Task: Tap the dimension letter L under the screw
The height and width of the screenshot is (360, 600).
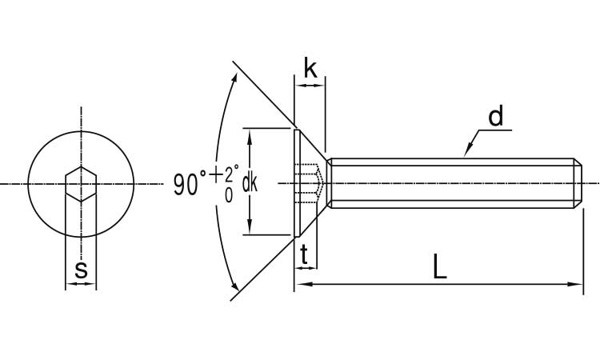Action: tap(439, 267)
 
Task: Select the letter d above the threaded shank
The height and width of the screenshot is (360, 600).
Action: tap(496, 118)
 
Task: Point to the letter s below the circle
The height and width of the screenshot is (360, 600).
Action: tap(81, 270)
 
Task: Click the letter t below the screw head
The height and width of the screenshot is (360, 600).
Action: tap(305, 254)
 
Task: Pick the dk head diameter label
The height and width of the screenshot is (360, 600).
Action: tap(250, 183)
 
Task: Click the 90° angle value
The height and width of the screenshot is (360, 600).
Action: tap(190, 185)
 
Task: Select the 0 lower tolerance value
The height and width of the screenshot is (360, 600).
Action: tap(229, 194)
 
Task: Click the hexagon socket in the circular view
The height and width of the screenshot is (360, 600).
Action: tap(81, 184)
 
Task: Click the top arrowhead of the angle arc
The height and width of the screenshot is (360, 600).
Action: tap(235, 78)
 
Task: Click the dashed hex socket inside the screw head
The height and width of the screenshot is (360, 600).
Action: tap(310, 183)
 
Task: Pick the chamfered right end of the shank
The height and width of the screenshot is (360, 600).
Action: tap(578, 183)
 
